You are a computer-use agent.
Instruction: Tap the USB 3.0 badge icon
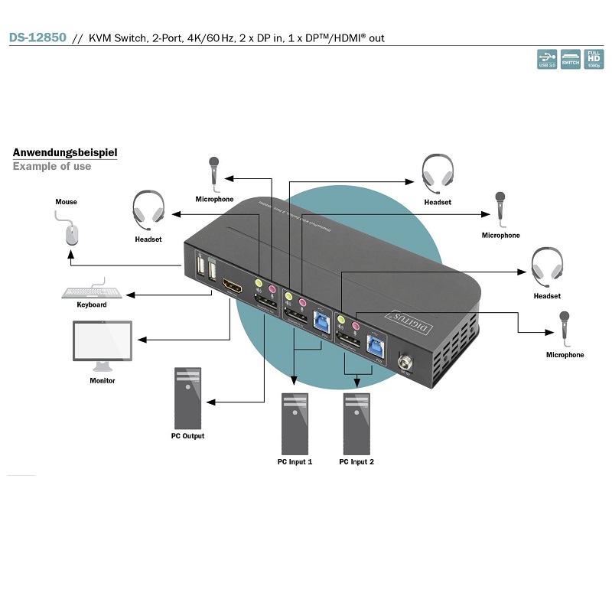tap(547, 60)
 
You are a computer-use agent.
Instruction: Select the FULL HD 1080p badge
tap(594, 60)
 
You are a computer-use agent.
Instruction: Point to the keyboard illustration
tap(92, 291)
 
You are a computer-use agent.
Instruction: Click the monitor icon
tap(102, 345)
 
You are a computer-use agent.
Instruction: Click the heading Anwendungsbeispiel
tap(65, 152)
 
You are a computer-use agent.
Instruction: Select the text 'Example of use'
tap(52, 166)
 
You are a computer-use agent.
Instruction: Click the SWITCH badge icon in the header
tap(571, 60)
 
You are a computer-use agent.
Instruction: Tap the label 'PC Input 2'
tap(356, 462)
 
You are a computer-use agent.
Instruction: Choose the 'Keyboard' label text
tap(92, 304)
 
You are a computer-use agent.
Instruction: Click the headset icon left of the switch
tap(148, 209)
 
